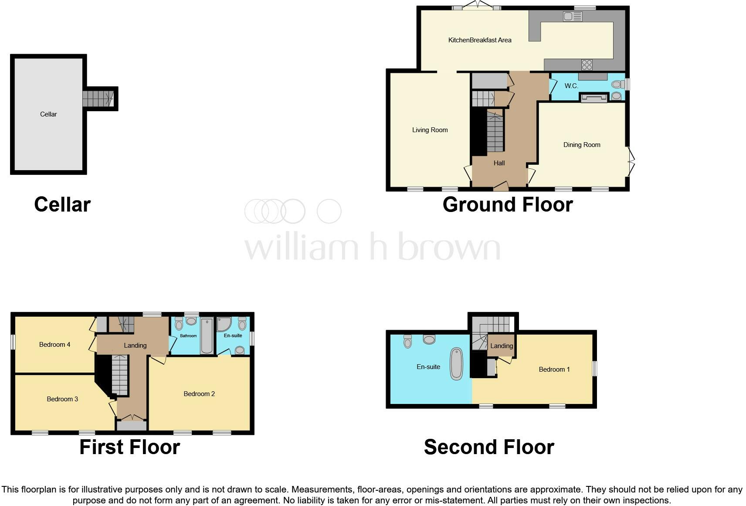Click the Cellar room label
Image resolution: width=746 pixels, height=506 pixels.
tap(48, 114)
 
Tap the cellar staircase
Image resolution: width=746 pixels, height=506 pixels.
tap(98, 99)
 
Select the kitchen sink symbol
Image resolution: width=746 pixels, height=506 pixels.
tap(572, 17)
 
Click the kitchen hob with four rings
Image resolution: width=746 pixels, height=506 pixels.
tap(587, 65)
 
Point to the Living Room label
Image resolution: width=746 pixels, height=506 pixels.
tap(430, 130)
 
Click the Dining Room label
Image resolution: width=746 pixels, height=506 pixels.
tap(581, 145)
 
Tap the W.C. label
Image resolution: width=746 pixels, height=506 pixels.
tap(571, 86)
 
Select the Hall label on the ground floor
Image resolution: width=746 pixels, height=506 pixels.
tap(499, 163)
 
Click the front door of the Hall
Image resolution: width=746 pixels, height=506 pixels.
tap(501, 187)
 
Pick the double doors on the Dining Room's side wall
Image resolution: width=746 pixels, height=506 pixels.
tap(631, 161)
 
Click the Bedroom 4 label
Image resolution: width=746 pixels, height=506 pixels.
tap(54, 345)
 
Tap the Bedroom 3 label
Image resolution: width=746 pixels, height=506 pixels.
tap(62, 399)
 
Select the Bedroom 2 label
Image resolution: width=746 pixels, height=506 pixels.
tap(199, 394)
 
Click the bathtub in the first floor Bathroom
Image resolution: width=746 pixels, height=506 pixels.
tap(207, 336)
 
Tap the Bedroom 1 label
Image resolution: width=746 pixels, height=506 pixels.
tap(554, 369)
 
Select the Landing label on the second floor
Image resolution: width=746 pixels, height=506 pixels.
tap(501, 346)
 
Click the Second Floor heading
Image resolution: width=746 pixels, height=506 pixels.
tap(488, 447)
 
